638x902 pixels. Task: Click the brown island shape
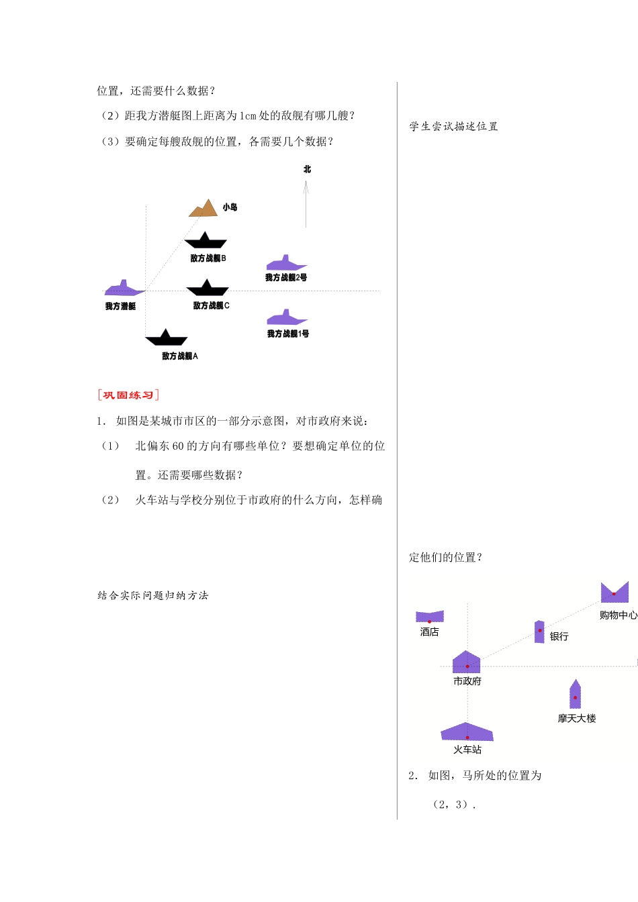[203, 209]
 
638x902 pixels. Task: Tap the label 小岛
[230, 207]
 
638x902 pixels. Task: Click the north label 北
[307, 169]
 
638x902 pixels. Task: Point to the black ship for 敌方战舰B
[206, 241]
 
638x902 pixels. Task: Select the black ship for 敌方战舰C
[208, 289]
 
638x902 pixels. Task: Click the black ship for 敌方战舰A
[167, 338]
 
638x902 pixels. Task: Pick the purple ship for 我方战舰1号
[287, 317]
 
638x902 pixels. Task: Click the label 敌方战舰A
[180, 356]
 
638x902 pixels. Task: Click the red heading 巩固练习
[128, 395]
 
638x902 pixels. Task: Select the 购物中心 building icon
[614, 593]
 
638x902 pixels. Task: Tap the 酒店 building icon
[430, 616]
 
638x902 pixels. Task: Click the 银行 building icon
[539, 632]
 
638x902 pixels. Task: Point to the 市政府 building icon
[467, 662]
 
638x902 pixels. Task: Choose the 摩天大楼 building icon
[575, 695]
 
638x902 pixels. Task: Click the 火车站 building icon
[467, 732]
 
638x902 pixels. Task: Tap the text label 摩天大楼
[576, 718]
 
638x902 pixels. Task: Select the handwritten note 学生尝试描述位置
[454, 126]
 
